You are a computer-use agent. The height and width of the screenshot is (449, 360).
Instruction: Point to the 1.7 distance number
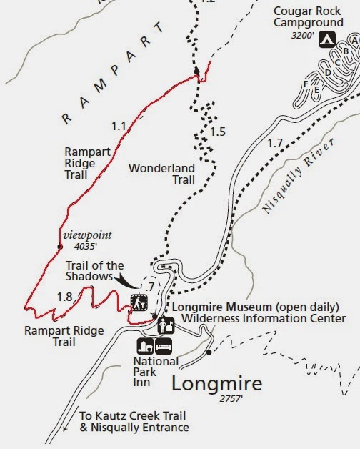tap(274, 144)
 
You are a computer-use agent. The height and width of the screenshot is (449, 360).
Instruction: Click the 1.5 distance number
tap(218, 132)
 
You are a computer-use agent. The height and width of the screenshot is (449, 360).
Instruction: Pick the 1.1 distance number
tap(119, 127)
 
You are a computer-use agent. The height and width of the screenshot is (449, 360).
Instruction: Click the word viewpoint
tap(87, 234)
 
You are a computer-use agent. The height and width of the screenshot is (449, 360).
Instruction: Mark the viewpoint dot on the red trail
tap(59, 247)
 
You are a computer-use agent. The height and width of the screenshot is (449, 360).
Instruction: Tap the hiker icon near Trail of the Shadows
tap(139, 302)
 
